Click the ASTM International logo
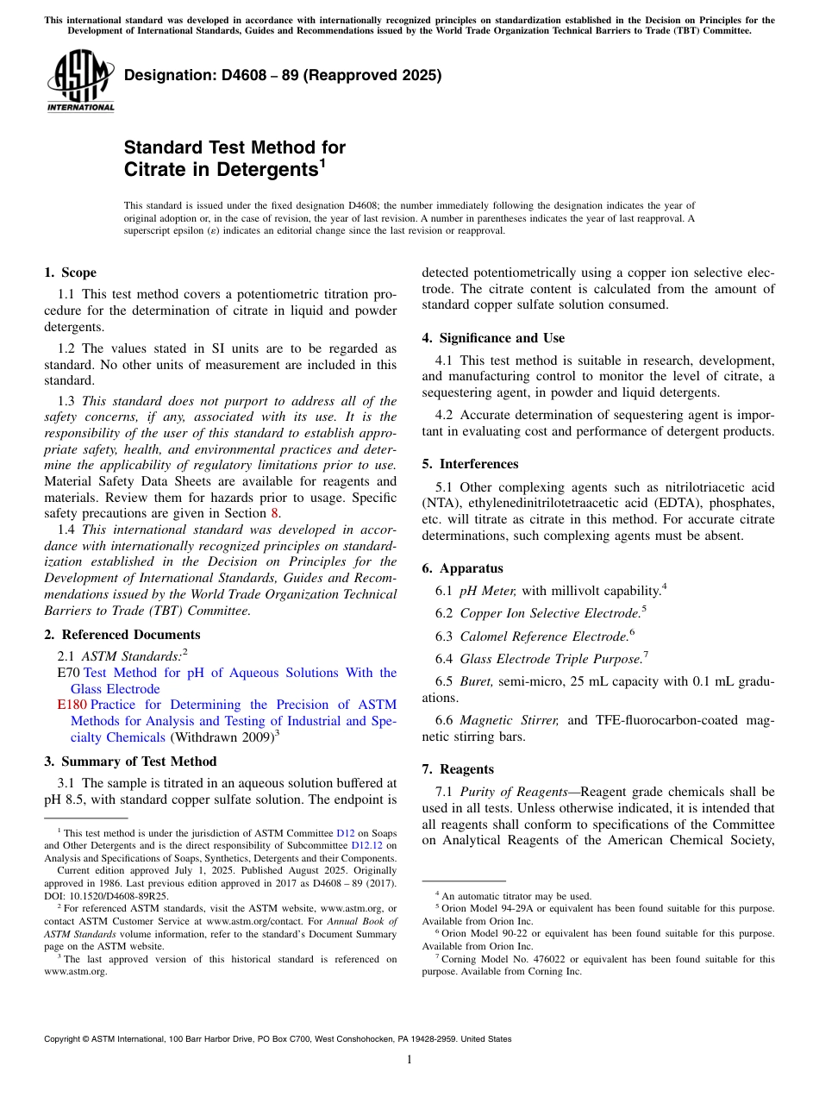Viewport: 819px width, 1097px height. [80, 81]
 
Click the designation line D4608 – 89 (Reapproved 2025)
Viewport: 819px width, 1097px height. [283, 75]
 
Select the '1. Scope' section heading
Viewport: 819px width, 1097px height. [71, 273]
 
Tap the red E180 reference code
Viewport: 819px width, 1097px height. [72, 705]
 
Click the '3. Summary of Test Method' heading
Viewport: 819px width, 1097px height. [130, 762]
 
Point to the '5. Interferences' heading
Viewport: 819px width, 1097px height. [470, 464]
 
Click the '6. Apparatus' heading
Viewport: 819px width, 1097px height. [462, 568]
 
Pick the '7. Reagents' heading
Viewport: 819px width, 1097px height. [458, 768]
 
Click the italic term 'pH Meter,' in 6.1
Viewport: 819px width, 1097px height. [487, 590]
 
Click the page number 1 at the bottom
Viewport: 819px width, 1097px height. [409, 1060]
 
